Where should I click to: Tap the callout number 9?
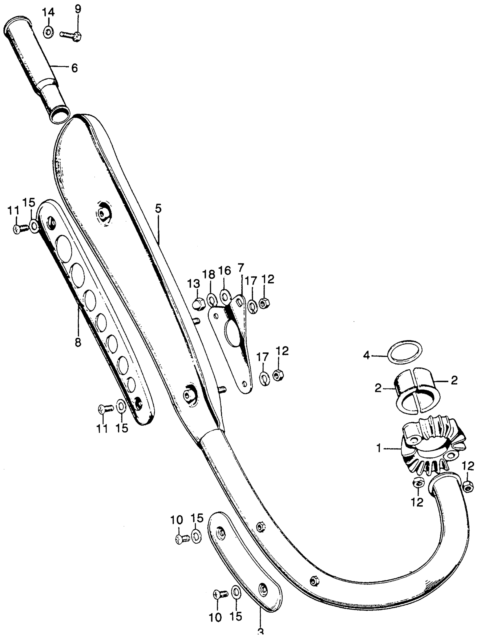[78, 10]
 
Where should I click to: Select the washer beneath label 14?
[49, 32]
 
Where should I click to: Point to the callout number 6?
[74, 69]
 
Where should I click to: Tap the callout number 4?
[367, 355]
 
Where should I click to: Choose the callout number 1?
[379, 449]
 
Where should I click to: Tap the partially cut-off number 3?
[260, 640]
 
